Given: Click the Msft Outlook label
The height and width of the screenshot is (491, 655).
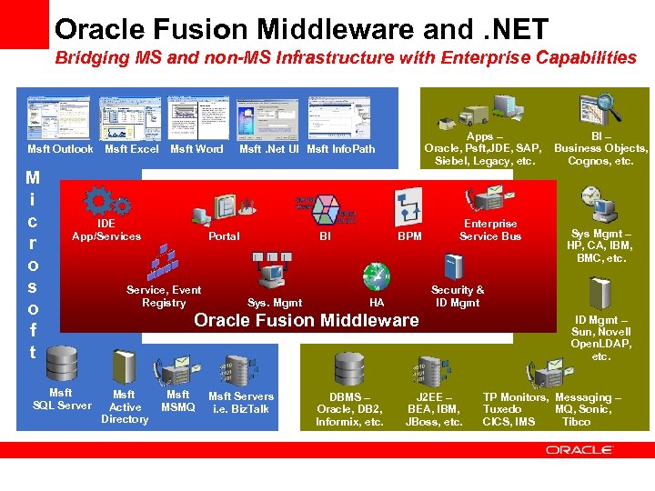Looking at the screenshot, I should tap(60, 149).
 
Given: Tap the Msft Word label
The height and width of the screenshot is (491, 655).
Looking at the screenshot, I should tap(196, 149).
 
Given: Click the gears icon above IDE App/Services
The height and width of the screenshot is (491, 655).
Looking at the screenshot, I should tap(96, 200).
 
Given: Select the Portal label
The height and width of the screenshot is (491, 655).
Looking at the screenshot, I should tap(224, 236).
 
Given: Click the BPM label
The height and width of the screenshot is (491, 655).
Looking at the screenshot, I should tap(410, 236).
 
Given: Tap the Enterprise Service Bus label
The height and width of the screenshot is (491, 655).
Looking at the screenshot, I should tap(490, 230).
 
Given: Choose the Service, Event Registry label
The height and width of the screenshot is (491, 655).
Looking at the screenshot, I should tap(164, 296).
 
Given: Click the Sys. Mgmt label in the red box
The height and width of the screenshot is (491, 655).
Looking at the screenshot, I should tap(275, 303).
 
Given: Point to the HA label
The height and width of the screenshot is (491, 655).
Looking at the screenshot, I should tap(377, 303).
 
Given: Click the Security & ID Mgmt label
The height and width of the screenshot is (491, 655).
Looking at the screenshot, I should tap(458, 296).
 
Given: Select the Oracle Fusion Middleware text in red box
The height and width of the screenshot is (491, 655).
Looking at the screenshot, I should tap(307, 320).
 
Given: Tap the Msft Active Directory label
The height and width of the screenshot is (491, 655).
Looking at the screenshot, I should tap(125, 406).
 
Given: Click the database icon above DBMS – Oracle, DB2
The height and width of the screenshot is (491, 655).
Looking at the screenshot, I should tap(348, 369).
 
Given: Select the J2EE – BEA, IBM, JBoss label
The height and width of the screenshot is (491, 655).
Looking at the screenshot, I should tap(434, 410).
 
